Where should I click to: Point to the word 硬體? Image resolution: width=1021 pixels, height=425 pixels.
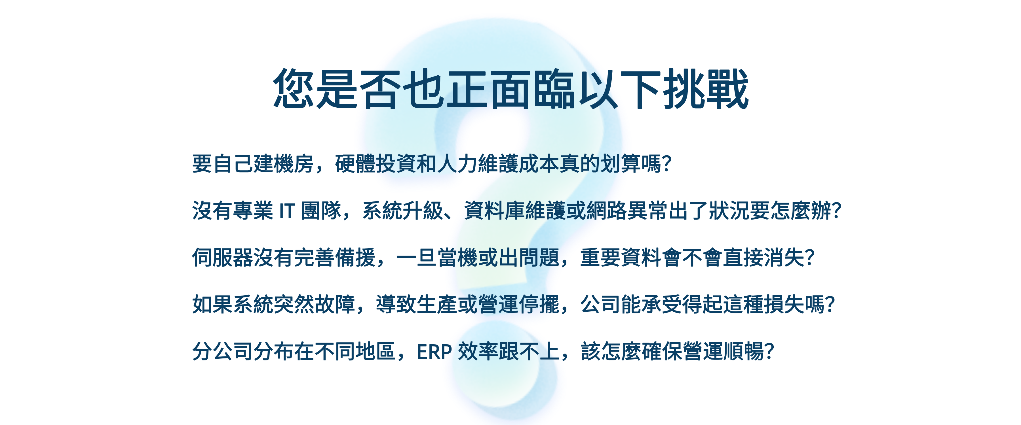[x=355, y=163]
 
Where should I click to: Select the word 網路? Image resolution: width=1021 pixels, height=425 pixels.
[x=607, y=210]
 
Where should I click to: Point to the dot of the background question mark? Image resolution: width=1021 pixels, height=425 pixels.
[x=503, y=370]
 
